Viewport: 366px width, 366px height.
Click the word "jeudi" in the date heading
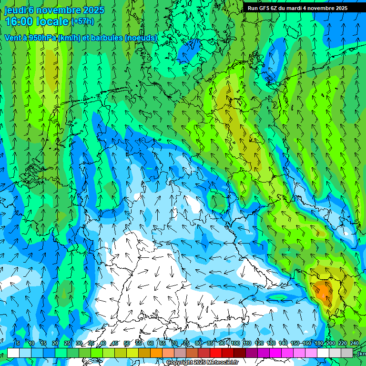pos(14,10)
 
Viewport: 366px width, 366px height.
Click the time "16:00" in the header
pos(20,21)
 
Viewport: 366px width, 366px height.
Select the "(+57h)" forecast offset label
pos(82,21)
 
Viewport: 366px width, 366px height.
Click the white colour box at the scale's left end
pos(13,353)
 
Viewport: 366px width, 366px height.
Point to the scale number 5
pos(18,343)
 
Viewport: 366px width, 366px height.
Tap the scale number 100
pos(235,343)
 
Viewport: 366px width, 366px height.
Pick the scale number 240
pos(354,343)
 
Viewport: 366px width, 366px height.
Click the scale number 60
pos(151,343)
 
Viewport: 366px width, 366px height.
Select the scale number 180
pos(318,343)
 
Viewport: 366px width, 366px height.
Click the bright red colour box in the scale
pos(216,353)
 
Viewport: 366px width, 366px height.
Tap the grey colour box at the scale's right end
pos(347,353)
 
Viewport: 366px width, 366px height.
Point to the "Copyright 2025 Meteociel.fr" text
pos(202,363)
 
